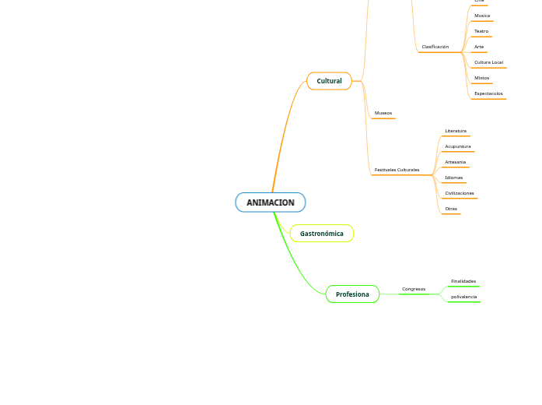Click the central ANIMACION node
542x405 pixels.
[271, 202]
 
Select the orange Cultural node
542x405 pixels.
[329, 81]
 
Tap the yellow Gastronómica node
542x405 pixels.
[321, 234]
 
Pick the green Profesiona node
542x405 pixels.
[352, 294]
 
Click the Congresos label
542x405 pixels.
[413, 289]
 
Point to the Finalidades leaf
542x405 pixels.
[463, 281]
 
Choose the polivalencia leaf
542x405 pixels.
[463, 297]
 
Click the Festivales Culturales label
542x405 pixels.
[397, 170]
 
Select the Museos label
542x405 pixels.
[383, 113]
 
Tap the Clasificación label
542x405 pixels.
[435, 47]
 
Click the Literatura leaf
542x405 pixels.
[456, 131]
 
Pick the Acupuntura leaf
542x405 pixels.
[457, 146]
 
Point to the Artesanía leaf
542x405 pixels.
[456, 162]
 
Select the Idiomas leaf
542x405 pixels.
[453, 178]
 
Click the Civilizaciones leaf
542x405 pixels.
[459, 193]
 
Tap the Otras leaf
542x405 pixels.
[451, 209]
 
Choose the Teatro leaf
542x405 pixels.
[481, 31]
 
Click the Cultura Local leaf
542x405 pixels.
[488, 62]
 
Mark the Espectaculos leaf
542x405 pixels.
[488, 93]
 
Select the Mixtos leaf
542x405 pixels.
[481, 78]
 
